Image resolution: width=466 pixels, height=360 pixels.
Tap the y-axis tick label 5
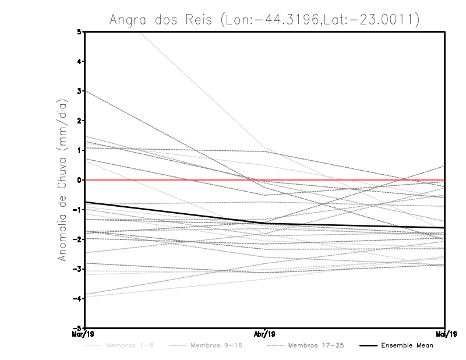click(x=79, y=31)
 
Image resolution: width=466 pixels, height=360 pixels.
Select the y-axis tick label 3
click(x=79, y=91)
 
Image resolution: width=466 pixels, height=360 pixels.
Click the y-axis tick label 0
click(x=79, y=180)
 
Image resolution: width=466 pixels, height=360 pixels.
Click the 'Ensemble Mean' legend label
click(x=407, y=345)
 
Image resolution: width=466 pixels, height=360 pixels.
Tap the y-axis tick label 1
click(x=79, y=150)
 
